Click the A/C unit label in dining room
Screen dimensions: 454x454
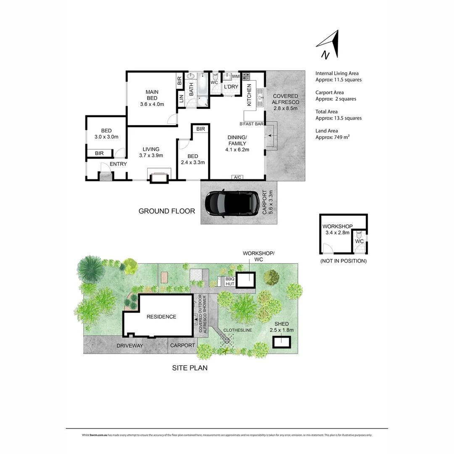[x=237, y=177]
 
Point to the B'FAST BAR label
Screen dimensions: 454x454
[x=251, y=124]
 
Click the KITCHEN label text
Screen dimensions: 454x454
[x=249, y=95]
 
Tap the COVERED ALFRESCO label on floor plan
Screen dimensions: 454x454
[x=285, y=102]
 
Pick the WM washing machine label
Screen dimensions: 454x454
[x=235, y=76]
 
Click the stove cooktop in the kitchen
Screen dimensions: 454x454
[x=246, y=77]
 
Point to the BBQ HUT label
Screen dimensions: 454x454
[x=230, y=282]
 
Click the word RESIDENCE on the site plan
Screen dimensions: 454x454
[x=161, y=317]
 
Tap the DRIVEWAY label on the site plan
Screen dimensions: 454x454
[x=130, y=346]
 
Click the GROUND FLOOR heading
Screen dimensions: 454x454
[x=167, y=211]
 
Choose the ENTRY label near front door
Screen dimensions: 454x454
[x=118, y=164]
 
